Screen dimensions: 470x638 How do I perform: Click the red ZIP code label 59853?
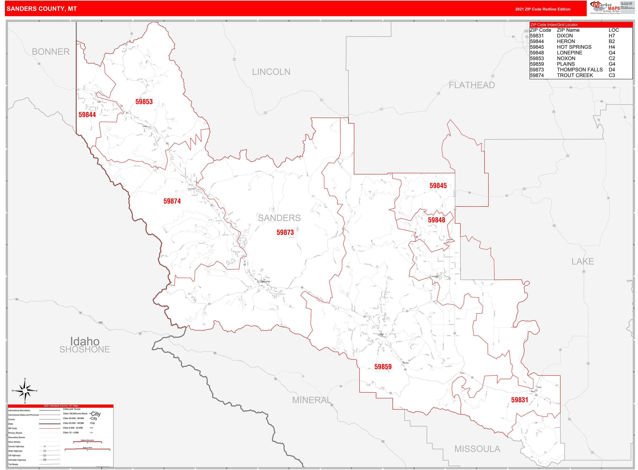pyautogui.click(x=144, y=102)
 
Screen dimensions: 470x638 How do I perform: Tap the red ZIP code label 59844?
pyautogui.click(x=87, y=115)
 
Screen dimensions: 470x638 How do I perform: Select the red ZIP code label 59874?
pyautogui.click(x=172, y=201)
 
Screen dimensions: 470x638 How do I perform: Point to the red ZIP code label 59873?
pyautogui.click(x=285, y=232)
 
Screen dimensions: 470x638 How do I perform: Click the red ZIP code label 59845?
pyautogui.click(x=438, y=186)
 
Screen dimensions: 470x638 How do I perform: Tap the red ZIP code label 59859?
pyautogui.click(x=383, y=367)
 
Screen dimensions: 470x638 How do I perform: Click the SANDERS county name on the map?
pyautogui.click(x=279, y=218)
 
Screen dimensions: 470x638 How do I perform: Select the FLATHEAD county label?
pyautogui.click(x=471, y=85)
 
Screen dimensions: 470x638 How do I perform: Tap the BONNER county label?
pyautogui.click(x=51, y=52)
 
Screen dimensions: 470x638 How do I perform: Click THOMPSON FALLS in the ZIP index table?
pyautogui.click(x=579, y=70)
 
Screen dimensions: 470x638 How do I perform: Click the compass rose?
pyautogui.click(x=25, y=391)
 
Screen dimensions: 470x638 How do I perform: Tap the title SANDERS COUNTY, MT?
pyautogui.click(x=42, y=9)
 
